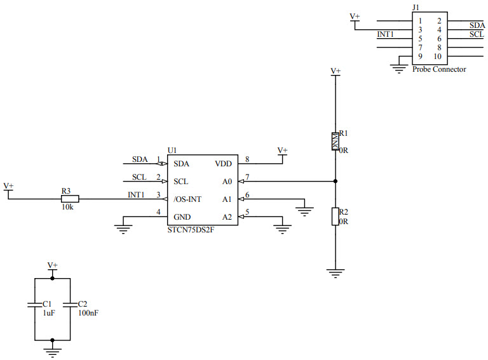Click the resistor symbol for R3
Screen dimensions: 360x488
pyautogui.click(x=69, y=199)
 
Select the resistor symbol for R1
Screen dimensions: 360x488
pyautogui.click(x=335, y=141)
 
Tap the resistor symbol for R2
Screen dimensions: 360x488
pyautogui.click(x=335, y=217)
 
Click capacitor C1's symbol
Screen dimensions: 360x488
pyautogui.click(x=35, y=305)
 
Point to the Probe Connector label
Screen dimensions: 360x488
pyautogui.click(x=438, y=69)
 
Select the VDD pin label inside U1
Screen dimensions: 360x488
pyautogui.click(x=224, y=163)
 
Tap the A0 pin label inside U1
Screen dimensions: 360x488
pyautogui.click(x=227, y=181)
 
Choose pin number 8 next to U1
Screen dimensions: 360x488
pyautogui.click(x=247, y=159)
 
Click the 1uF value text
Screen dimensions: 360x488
pyautogui.click(x=48, y=314)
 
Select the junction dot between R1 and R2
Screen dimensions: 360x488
pyautogui.click(x=335, y=181)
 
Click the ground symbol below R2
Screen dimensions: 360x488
pyautogui.click(x=335, y=274)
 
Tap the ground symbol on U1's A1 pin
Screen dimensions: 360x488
pyautogui.click(x=305, y=210)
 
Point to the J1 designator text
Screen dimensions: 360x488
pyautogui.click(x=416, y=7)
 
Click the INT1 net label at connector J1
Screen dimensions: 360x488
pyautogui.click(x=386, y=34)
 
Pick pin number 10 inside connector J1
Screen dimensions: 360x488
pyautogui.click(x=437, y=57)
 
